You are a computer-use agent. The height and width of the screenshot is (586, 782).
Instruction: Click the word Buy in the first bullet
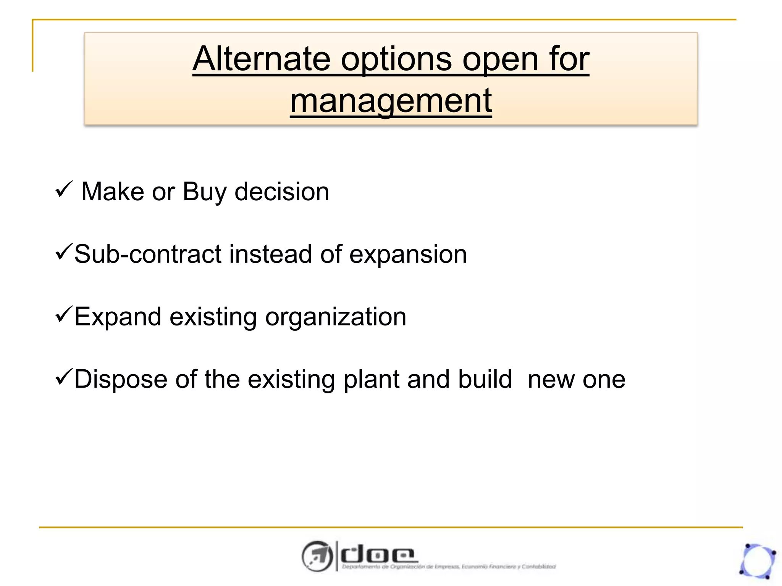204,192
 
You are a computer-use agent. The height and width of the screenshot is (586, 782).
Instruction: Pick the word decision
281,191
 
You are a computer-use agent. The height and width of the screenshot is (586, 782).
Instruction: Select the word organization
336,317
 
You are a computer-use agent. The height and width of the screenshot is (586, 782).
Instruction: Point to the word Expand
118,317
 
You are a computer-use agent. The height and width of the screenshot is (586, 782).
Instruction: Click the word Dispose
121,380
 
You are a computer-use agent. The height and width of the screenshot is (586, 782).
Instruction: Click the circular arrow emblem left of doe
317,556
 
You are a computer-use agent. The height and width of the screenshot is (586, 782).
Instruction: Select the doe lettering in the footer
378,554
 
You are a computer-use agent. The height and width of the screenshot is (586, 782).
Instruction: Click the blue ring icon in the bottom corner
757,561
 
